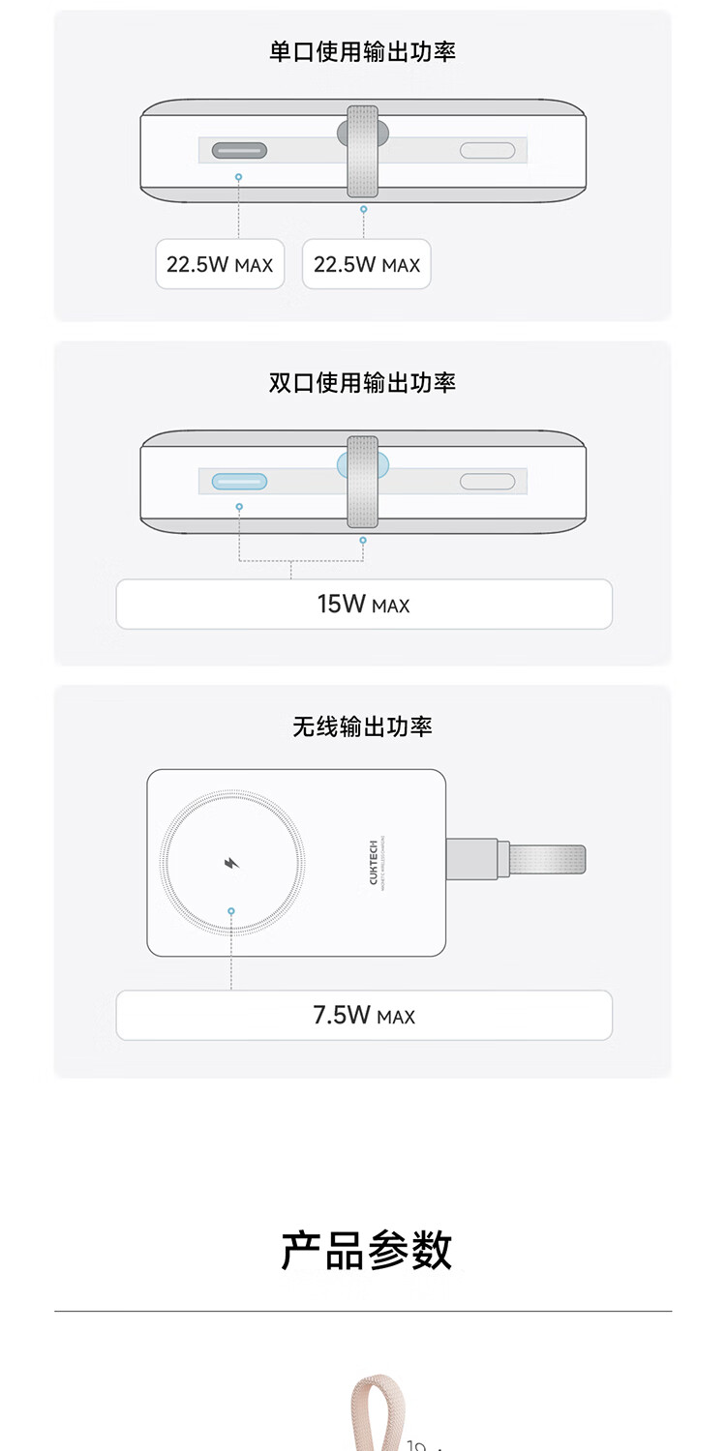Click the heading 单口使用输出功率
(x=362, y=51)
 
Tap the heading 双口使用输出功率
(x=362, y=383)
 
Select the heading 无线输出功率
(x=362, y=726)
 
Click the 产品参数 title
(x=367, y=1251)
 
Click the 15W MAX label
(x=363, y=605)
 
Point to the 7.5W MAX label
(x=363, y=1016)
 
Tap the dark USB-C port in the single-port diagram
(x=239, y=150)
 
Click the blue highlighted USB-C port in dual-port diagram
(x=239, y=482)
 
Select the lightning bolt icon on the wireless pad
(x=231, y=863)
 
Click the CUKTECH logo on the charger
(x=374, y=862)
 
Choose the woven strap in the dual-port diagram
(x=363, y=482)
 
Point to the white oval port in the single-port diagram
(x=487, y=150)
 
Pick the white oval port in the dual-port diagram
(x=487, y=482)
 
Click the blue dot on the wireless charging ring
(x=231, y=911)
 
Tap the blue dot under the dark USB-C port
(x=239, y=178)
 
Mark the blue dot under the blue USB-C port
(x=239, y=507)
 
